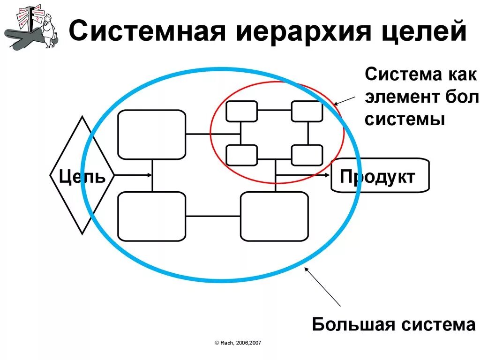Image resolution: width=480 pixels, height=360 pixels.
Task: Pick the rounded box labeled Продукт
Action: coord(380,176)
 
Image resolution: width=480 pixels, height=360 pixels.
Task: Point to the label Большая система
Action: coord(394,324)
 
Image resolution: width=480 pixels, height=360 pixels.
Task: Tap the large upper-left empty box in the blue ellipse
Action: coord(151,135)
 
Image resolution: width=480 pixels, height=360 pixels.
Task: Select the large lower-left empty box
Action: coord(151,216)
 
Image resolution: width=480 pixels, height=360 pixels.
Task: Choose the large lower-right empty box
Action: coord(274,216)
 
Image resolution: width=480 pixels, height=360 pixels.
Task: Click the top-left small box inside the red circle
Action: coord(241,111)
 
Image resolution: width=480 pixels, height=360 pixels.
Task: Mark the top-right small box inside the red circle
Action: coord(307,111)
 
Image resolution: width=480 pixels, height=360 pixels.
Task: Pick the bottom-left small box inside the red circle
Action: coord(241,155)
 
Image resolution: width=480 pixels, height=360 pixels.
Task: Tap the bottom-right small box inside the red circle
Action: coord(307,155)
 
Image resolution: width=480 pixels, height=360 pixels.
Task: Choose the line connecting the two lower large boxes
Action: coord(213,216)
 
